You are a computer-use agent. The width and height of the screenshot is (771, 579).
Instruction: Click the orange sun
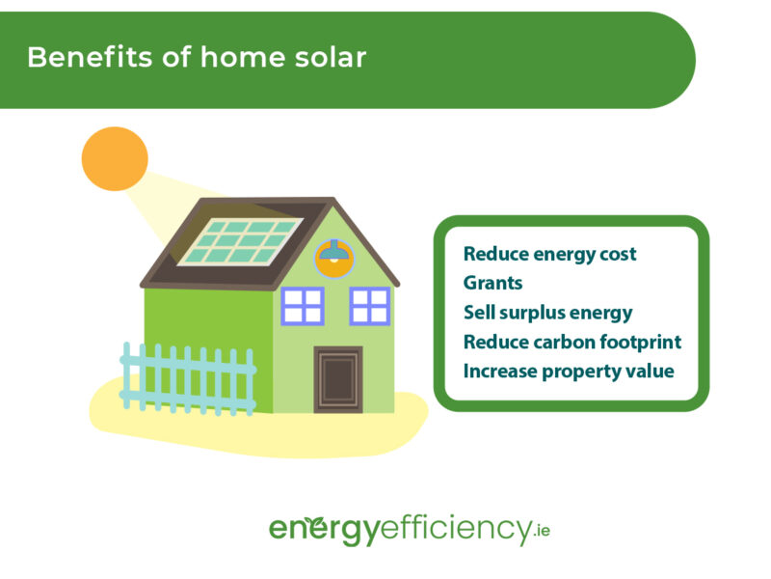(x=115, y=158)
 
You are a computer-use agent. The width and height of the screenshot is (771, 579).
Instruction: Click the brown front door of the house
(x=337, y=378)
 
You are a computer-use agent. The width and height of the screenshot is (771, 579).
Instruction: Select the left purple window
(x=303, y=305)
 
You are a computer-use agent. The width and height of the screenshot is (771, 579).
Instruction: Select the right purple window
(x=370, y=305)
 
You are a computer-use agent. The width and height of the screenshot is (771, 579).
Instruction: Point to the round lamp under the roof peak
(x=334, y=258)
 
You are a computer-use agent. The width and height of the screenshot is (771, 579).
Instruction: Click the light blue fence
(x=188, y=378)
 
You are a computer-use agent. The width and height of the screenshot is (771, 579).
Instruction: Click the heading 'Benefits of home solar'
(x=197, y=57)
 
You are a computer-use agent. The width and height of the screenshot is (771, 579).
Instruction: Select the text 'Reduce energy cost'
(x=549, y=255)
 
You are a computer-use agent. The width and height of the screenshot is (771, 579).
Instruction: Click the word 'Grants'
(x=492, y=284)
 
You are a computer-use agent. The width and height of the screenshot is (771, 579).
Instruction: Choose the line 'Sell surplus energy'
(x=547, y=313)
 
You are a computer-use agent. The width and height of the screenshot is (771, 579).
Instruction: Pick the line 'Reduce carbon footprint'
(x=572, y=342)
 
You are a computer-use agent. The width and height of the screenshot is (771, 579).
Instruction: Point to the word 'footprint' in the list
(x=641, y=342)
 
